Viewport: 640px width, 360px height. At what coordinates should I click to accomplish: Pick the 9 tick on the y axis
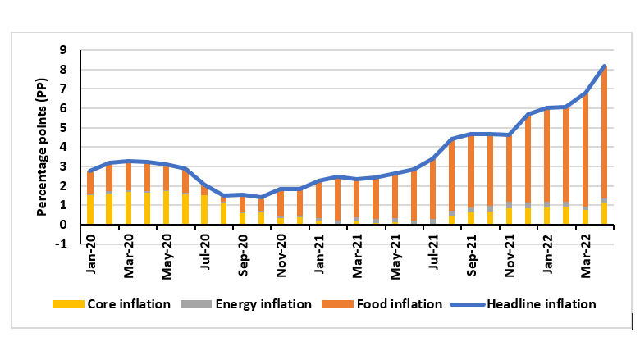tap(71, 49)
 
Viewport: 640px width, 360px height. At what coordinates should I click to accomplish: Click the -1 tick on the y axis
tap(68, 244)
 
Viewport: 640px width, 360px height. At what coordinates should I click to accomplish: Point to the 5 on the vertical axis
tap(71, 127)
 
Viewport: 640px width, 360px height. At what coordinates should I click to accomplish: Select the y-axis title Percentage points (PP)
tap(41, 148)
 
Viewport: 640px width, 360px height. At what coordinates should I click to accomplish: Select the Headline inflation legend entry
tap(542, 303)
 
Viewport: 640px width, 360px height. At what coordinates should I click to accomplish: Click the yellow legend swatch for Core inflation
tap(63, 304)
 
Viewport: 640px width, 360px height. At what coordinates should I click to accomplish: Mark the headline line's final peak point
tap(605, 66)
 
